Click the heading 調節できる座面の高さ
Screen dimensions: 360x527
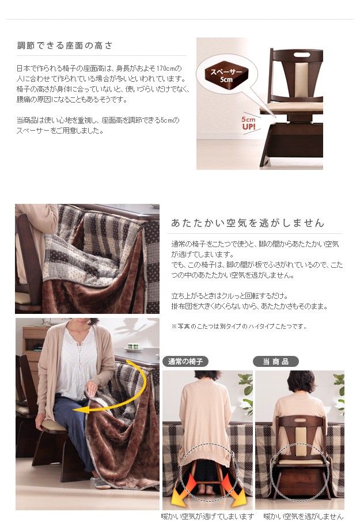65,46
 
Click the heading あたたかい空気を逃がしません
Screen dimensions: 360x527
248,222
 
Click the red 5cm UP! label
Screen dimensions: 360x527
249,123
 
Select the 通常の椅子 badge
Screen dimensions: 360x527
185,361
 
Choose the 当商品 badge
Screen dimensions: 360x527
276,361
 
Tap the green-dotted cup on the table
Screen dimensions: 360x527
134,347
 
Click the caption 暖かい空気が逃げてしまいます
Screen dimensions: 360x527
207,516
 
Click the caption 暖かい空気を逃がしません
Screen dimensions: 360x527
304,516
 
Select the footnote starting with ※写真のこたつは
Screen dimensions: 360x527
238,327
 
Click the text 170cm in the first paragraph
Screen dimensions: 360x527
166,69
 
